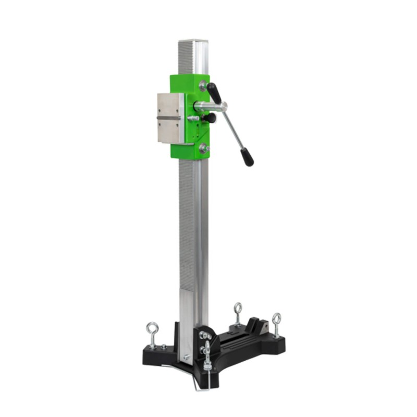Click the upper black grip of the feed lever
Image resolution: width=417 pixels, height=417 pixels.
[214, 93]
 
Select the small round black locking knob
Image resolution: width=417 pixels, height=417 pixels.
[210, 118]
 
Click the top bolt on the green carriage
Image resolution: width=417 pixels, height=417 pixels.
[203, 85]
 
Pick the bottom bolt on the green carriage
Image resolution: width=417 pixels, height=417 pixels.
[203, 148]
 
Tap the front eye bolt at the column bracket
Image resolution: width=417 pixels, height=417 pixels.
[207, 354]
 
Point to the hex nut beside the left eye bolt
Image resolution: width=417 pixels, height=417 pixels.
[164, 347]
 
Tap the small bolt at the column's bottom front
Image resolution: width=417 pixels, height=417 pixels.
[185, 358]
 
